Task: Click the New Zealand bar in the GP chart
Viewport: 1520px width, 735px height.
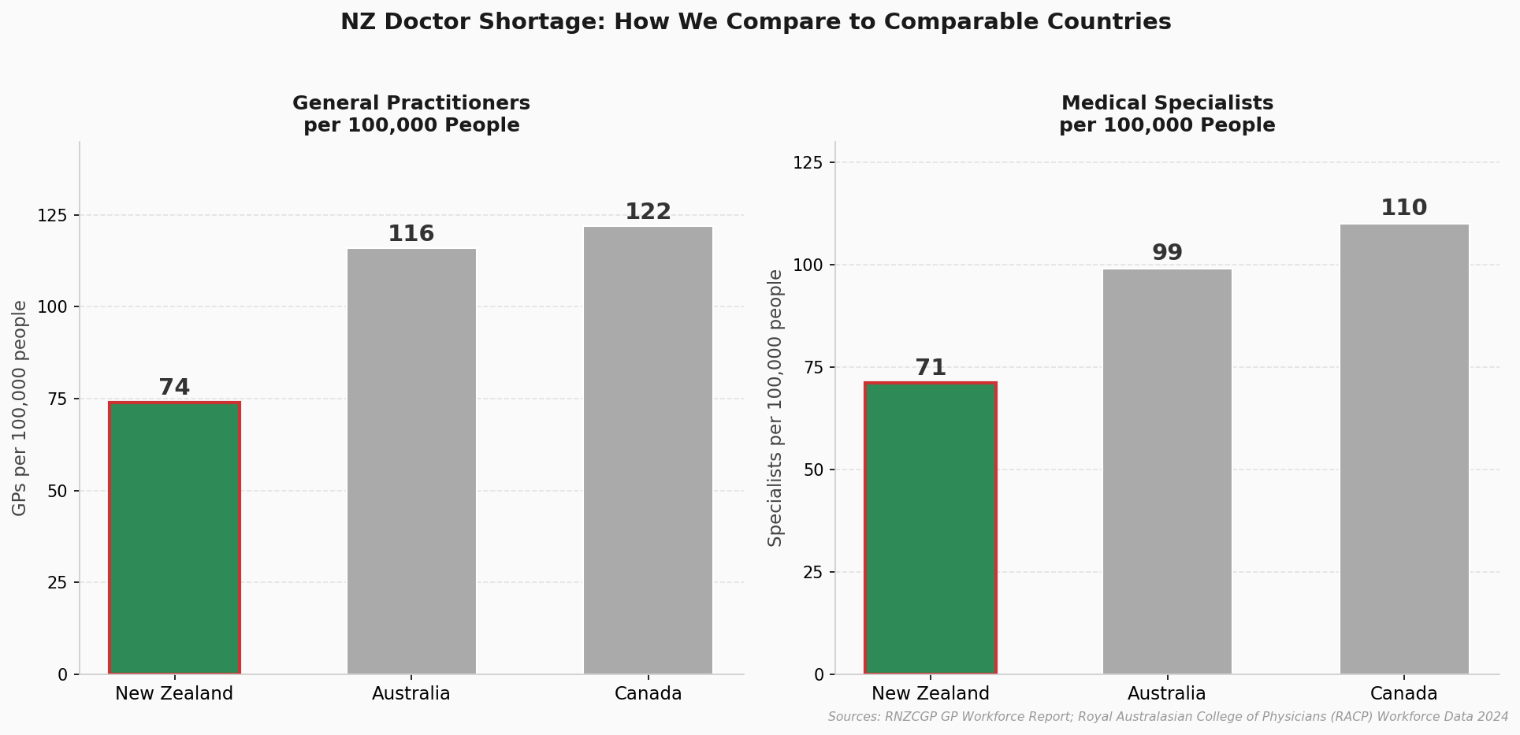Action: pos(174,538)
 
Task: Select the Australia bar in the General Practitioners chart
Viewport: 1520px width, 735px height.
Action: pos(411,462)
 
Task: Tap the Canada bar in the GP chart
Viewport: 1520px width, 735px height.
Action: pos(648,451)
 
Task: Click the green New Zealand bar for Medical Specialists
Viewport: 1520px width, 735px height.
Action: pos(930,529)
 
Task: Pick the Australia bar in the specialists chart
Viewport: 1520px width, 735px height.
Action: pos(1167,472)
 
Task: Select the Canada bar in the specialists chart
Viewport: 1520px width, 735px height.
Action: pos(1404,449)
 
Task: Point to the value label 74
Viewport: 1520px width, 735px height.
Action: pos(174,388)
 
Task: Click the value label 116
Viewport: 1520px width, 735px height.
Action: pos(411,234)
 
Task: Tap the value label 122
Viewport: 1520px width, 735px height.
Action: pos(648,212)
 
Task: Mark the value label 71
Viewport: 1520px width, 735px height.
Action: pos(930,368)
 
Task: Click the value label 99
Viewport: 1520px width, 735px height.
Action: pos(1167,253)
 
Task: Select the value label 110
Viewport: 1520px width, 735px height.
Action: pos(1404,208)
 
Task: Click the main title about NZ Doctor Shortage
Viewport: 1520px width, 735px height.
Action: pos(756,22)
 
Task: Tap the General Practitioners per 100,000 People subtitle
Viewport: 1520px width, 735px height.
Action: pos(411,114)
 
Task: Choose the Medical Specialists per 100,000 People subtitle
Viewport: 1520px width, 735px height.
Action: pos(1167,114)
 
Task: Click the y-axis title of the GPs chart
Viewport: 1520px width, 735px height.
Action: pos(20,408)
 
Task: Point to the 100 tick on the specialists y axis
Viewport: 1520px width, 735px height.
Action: pos(807,265)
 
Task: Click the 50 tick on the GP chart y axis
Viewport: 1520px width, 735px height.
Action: pos(57,491)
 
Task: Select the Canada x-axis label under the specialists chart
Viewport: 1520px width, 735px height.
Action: pos(1404,694)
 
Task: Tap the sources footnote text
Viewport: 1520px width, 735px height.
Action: pos(1168,717)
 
